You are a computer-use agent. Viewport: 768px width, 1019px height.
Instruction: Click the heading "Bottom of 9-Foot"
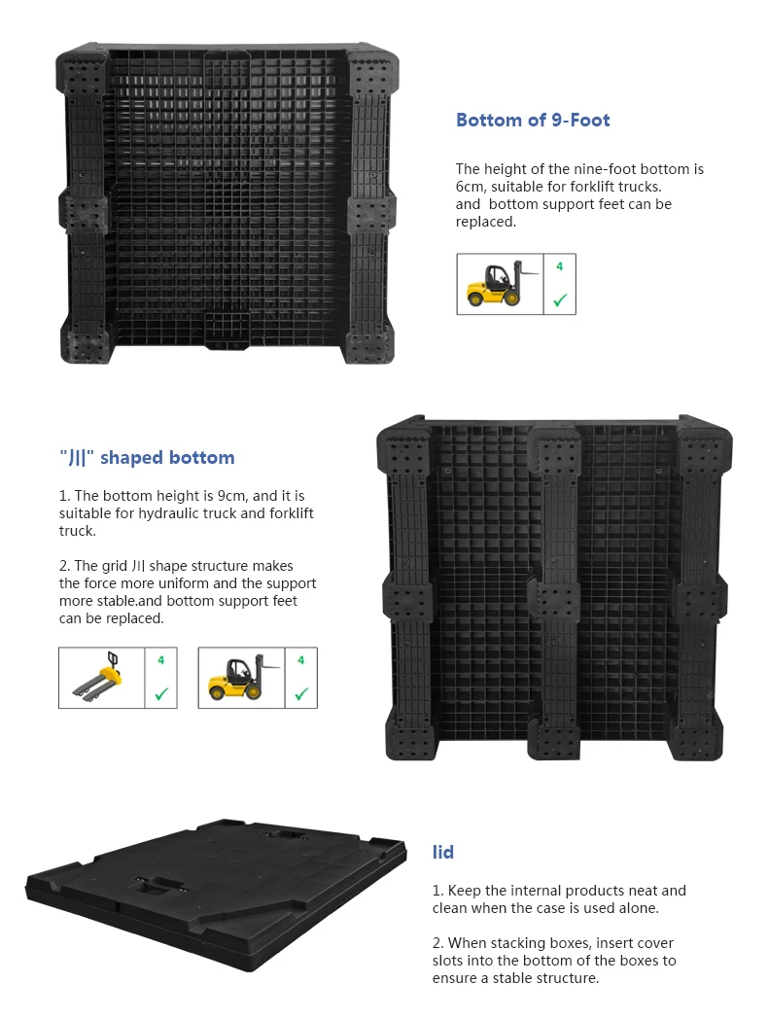533,121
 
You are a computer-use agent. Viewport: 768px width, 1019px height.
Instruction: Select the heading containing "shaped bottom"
147,458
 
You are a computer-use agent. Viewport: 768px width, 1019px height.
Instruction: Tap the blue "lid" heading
443,853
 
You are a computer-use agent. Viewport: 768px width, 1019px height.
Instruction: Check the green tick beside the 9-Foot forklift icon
559,300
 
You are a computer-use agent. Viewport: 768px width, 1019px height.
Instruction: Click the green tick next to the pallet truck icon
161,693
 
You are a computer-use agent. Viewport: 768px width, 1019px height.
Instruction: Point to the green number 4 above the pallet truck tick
161,660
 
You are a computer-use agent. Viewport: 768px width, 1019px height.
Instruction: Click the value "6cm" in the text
471,187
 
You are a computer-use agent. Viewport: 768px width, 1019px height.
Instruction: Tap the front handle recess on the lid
158,886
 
